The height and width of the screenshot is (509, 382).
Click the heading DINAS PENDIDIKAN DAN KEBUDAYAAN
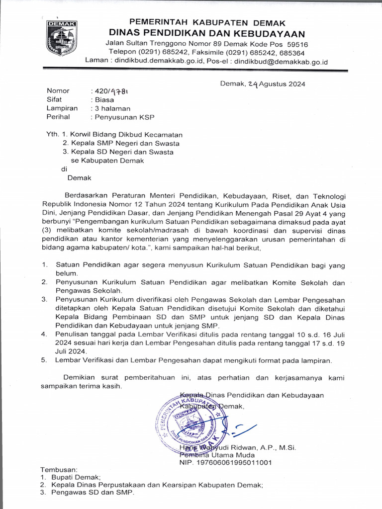(207, 33)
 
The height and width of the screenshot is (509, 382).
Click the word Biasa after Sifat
(105, 99)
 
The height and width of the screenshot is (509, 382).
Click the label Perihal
(58, 117)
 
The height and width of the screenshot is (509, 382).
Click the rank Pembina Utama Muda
(217, 455)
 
